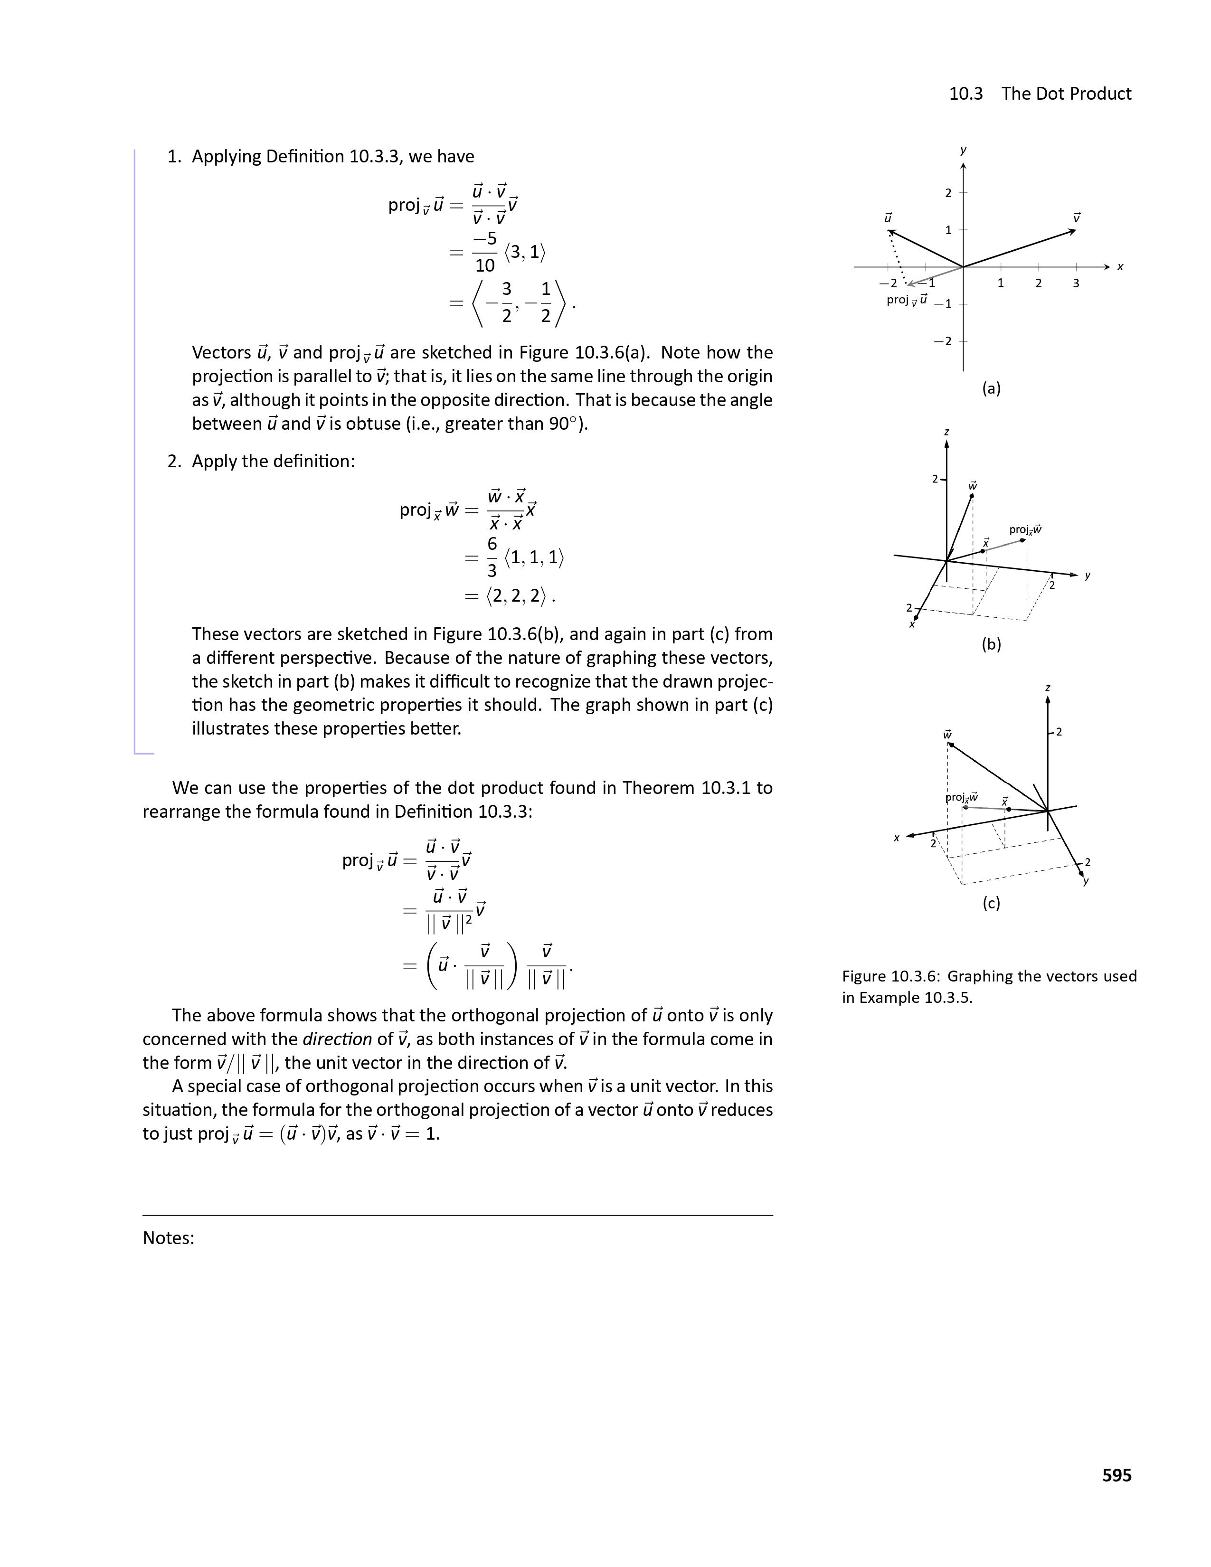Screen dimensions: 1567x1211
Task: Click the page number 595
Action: [1116, 1475]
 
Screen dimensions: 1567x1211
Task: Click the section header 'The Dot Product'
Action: [1066, 94]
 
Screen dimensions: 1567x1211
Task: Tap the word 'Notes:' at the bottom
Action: [169, 1238]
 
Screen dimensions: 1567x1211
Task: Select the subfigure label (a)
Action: [991, 389]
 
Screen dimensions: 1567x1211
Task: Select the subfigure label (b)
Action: [991, 644]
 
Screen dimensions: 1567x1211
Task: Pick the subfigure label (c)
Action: [991, 903]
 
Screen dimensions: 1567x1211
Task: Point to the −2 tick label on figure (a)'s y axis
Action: [943, 341]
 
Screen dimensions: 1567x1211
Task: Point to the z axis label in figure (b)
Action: [946, 432]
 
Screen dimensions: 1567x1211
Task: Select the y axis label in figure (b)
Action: [1088, 576]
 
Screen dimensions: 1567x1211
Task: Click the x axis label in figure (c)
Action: [896, 837]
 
